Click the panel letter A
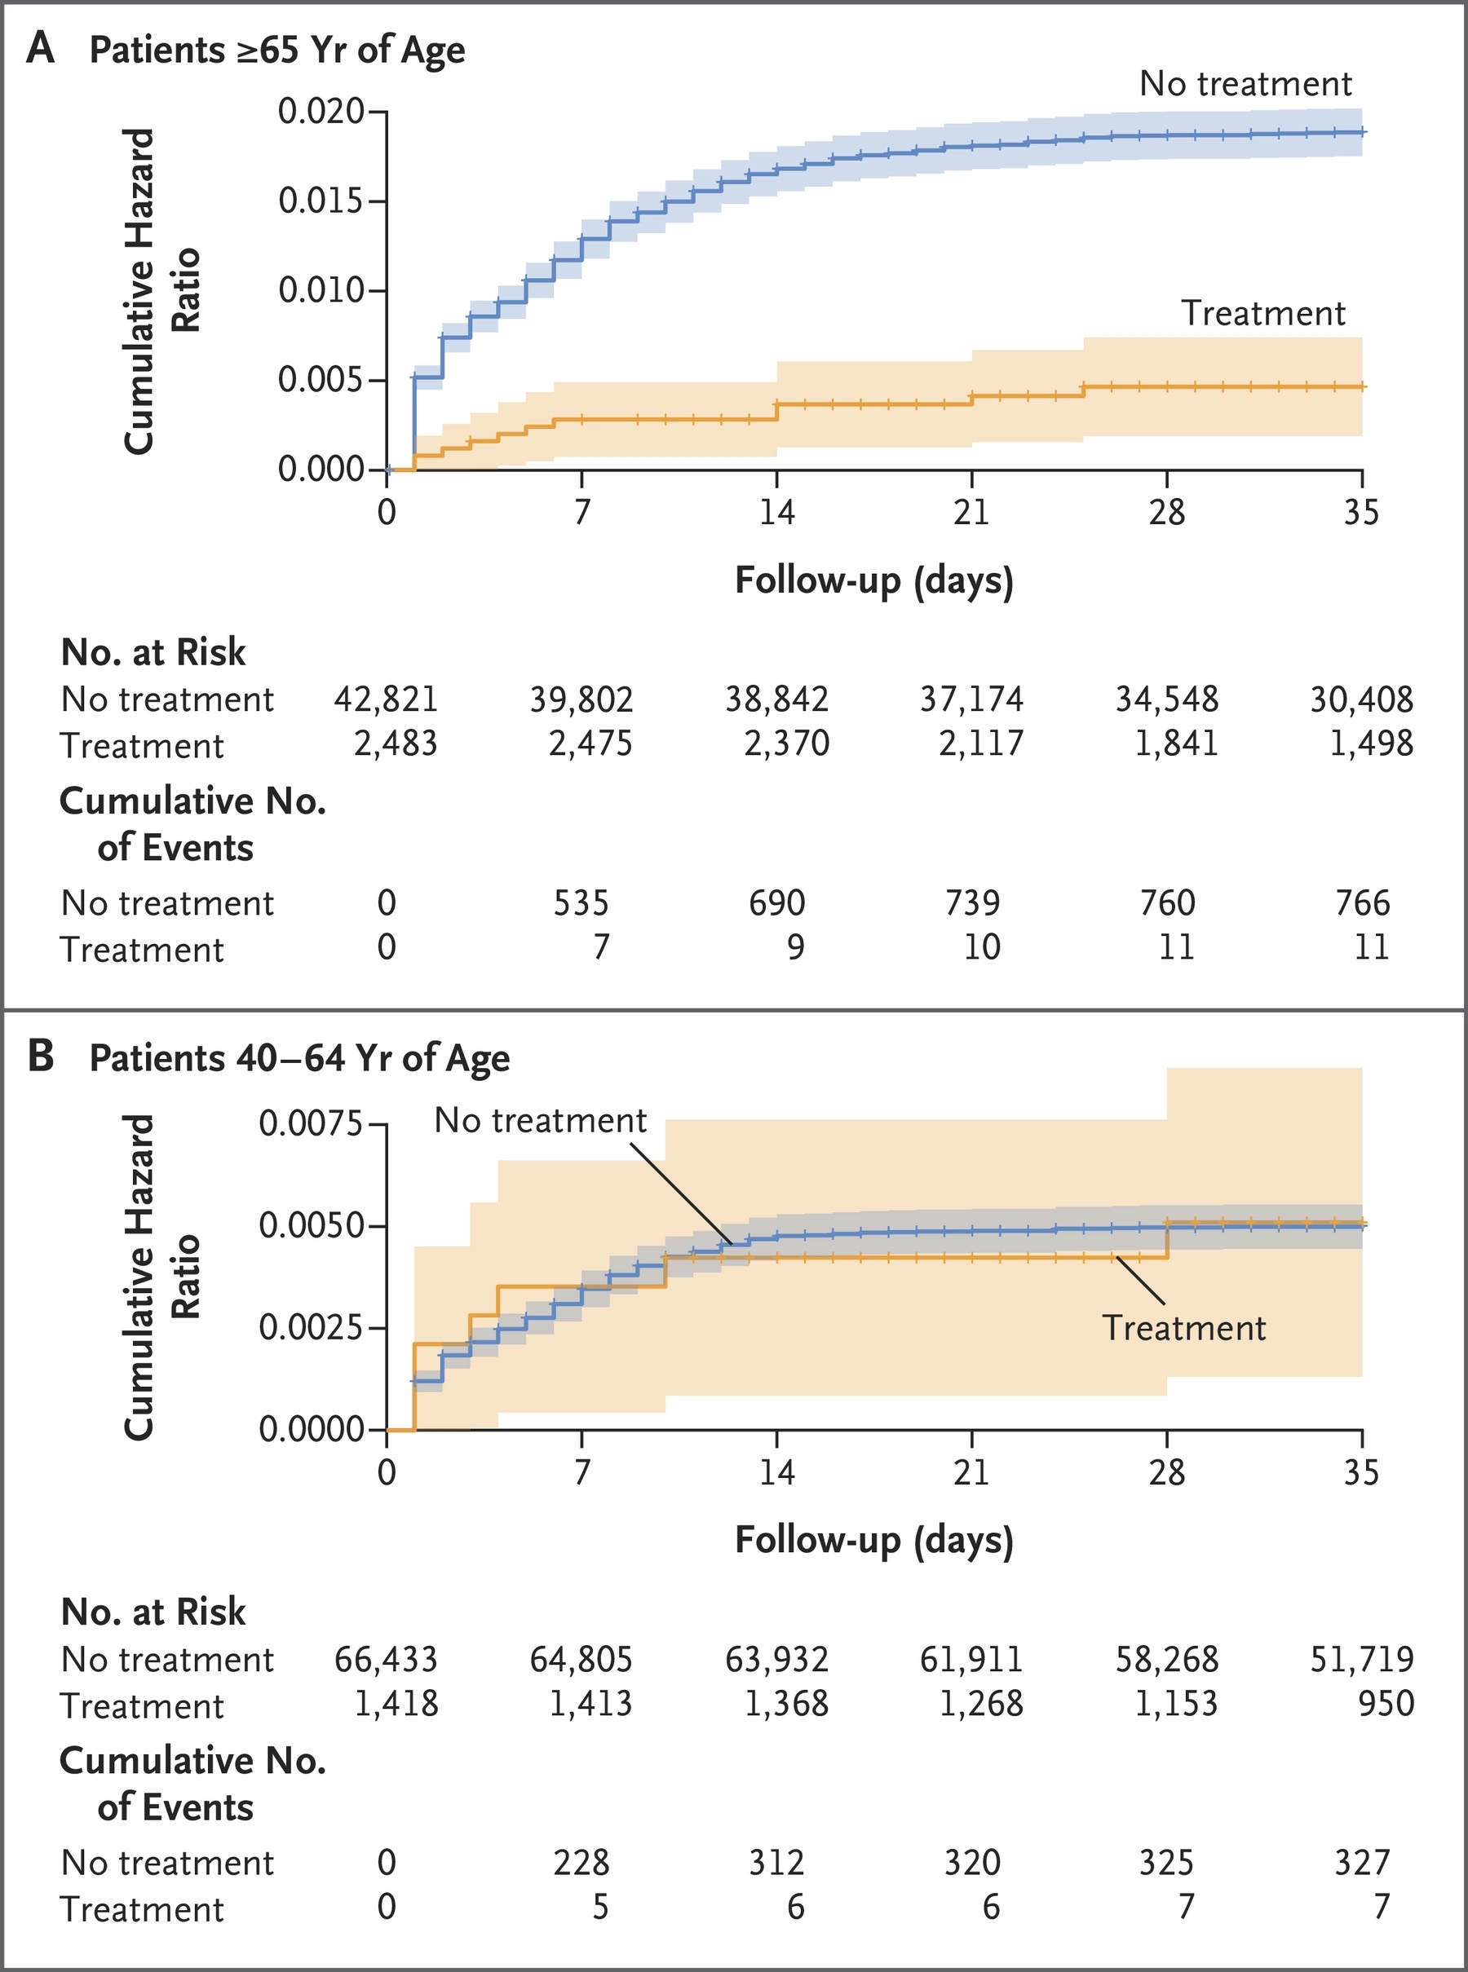pos(41,48)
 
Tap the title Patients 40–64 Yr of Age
pos(299,1058)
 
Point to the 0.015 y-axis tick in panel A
pos(321,201)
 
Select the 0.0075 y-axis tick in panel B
pos(311,1123)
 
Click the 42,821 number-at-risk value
pos(386,699)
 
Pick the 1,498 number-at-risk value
pos(1370,743)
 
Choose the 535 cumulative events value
pos(581,902)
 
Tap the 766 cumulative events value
pos(1362,902)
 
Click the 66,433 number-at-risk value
pos(386,1658)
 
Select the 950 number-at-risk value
pos(1386,1703)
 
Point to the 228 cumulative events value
pos(581,1862)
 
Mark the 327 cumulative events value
pos(1362,1862)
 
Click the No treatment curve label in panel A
pos(1245,83)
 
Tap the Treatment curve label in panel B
pos(1183,1328)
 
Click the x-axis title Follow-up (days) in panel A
pos(873,581)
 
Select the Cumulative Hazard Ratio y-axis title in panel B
pos(161,1277)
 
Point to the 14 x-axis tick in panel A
pos(776,513)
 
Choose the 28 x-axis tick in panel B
pos(1167,1472)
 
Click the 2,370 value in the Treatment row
pos(786,743)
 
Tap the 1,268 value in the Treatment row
pos(981,1703)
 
